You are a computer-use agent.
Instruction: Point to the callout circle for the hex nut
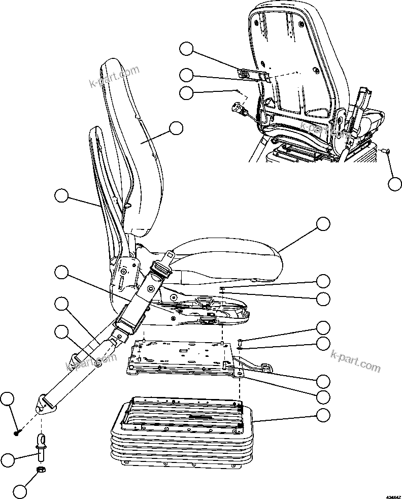tap(20, 491)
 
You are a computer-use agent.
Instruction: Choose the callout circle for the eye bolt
tap(7, 460)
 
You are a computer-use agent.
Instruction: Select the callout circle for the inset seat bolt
tap(394, 184)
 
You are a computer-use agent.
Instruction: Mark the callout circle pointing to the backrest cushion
tap(176, 128)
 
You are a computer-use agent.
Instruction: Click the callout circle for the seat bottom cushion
tap(323, 223)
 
